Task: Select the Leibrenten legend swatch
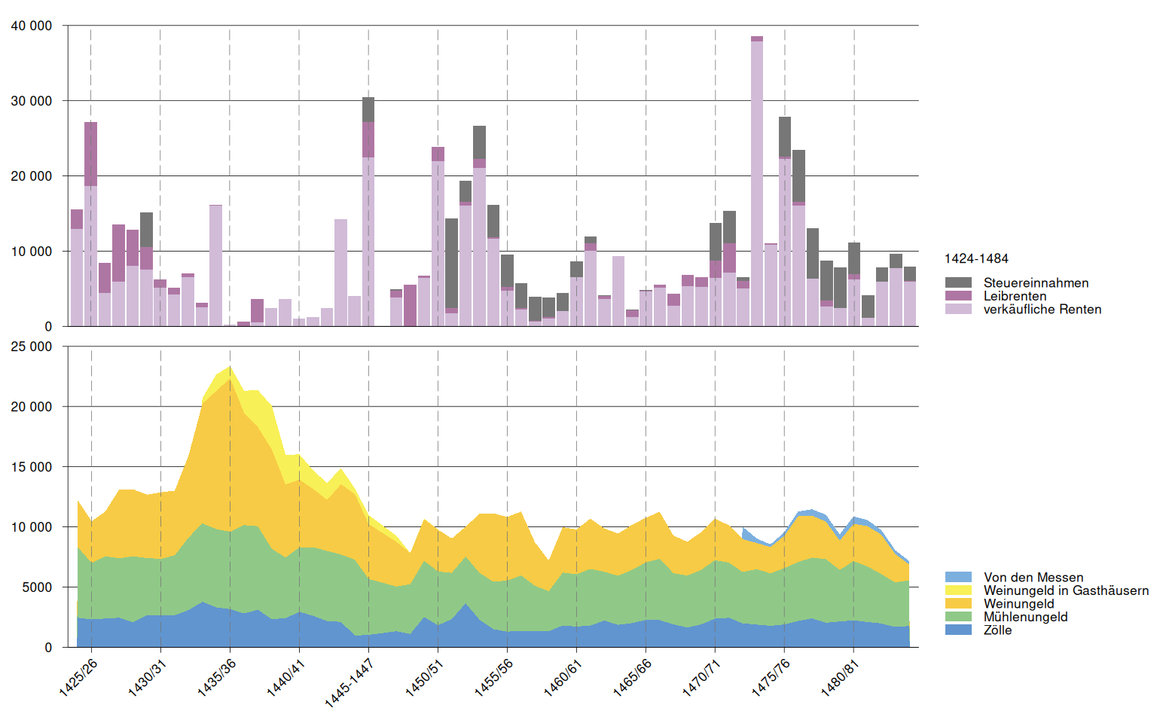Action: pos(958,296)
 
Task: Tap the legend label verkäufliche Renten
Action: pos(1042,310)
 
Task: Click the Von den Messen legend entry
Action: pos(1033,578)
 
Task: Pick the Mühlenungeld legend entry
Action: pos(1025,617)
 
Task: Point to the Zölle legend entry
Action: pos(997,630)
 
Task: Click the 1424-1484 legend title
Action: pos(976,259)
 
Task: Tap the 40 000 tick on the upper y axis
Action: pos(32,26)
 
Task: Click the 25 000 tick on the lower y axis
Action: pos(32,346)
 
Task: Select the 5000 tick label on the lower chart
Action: pos(37,587)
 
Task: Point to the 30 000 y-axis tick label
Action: pos(32,101)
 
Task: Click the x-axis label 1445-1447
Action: pos(350,682)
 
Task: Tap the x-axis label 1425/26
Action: pos(78,677)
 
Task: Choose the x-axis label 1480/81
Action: pos(840,677)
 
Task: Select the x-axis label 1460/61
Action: pos(563,677)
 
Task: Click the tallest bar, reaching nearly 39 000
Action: pos(757,181)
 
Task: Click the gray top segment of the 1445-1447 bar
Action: pos(368,109)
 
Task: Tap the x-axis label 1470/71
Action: pos(701,677)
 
